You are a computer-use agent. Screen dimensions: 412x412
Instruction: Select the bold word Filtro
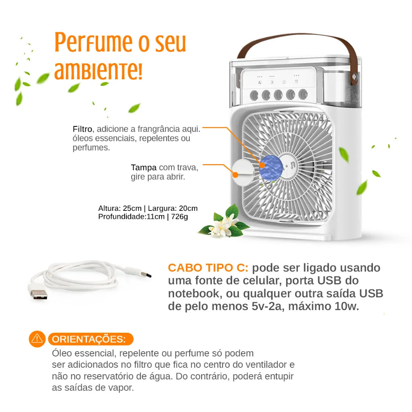(82, 129)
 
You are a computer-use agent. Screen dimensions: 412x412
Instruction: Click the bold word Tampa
(144, 167)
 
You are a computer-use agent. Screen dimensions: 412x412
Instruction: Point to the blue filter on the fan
(268, 165)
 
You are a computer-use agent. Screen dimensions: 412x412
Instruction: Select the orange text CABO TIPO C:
(208, 268)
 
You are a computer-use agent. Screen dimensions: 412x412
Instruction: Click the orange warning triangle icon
(37, 339)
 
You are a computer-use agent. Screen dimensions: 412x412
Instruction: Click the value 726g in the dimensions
(179, 217)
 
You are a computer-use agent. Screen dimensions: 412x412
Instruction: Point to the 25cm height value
(132, 208)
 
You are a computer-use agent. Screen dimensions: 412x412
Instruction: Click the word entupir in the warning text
(279, 377)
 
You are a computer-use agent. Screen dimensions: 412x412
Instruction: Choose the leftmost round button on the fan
(254, 95)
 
